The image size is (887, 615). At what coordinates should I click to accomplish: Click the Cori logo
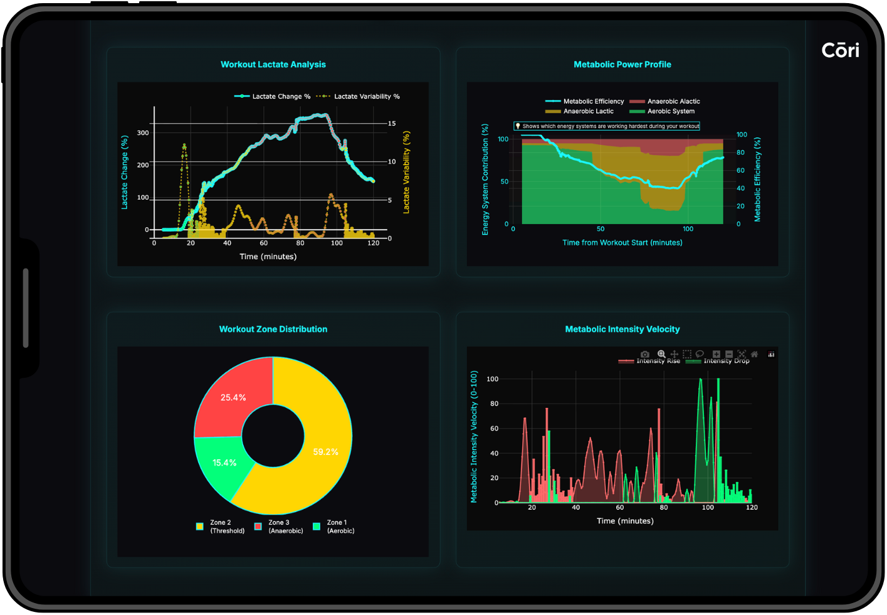pos(840,50)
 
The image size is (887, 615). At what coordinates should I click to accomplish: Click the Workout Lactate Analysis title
pos(273,65)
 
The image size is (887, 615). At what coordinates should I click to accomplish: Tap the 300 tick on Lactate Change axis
pos(143,133)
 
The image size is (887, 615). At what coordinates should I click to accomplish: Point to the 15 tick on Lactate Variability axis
pos(392,124)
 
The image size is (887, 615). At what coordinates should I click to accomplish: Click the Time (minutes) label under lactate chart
pos(268,257)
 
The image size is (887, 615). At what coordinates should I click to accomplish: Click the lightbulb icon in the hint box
pos(518,126)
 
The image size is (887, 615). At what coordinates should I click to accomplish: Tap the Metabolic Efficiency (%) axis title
pos(757,179)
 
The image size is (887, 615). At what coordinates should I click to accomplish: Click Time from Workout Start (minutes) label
pos(622,243)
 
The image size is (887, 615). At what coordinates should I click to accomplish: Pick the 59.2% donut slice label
pos(325,452)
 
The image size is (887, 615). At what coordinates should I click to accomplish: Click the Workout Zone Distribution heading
pos(273,329)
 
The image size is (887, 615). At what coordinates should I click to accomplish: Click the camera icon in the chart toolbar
pos(644,355)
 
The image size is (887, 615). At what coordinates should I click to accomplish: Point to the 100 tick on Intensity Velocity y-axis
pos(492,379)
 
